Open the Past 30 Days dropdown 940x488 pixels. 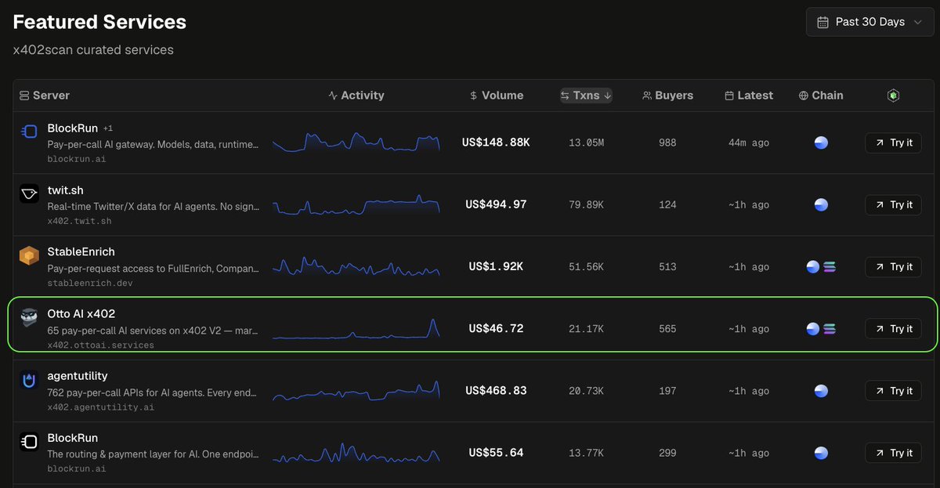coord(869,22)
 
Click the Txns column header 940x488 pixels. coord(586,96)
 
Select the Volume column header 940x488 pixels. coord(497,96)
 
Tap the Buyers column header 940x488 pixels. coord(667,96)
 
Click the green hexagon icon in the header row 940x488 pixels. coord(894,96)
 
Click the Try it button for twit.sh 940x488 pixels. coord(894,204)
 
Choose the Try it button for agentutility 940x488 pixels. coord(894,391)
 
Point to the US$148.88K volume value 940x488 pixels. coord(496,143)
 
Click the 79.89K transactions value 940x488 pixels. coord(586,204)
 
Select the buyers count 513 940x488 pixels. coord(667,267)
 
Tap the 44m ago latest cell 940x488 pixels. coord(749,143)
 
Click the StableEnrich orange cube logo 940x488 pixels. coord(29,255)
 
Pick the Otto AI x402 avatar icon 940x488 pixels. coord(29,318)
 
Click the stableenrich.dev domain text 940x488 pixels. coord(90,284)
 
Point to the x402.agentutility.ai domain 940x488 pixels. coord(101,407)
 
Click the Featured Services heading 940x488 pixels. coord(99,22)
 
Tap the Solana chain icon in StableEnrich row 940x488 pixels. coord(830,267)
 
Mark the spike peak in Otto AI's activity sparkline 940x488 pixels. coord(432,320)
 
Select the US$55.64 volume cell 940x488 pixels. coord(496,453)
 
